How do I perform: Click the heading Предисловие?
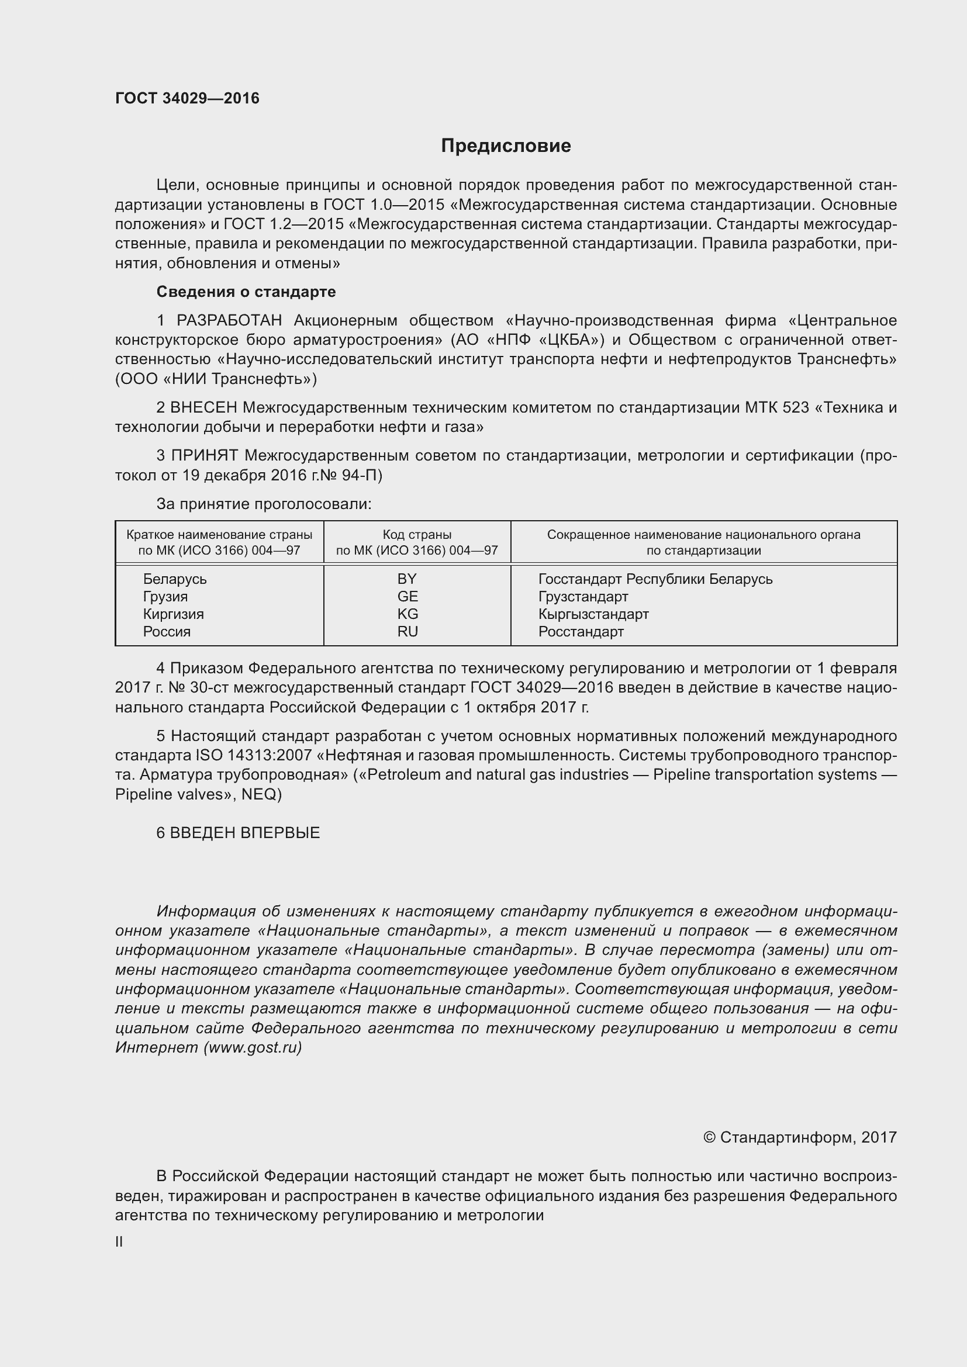[506, 146]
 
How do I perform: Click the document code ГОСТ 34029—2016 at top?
[187, 98]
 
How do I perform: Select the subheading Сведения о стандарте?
[246, 292]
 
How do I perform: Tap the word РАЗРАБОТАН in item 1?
[229, 321]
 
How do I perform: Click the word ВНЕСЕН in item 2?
[203, 408]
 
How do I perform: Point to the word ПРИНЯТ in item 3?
[204, 456]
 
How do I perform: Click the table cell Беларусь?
[174, 579]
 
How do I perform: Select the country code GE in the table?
[408, 597]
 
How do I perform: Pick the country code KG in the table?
[408, 614]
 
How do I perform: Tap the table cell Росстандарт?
[581, 632]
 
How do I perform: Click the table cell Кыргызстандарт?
[593, 614]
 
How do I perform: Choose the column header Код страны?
[417, 535]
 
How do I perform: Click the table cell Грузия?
[165, 597]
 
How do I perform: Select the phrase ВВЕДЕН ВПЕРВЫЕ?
[245, 833]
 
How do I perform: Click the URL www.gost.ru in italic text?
[253, 1047]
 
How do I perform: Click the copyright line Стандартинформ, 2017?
[800, 1137]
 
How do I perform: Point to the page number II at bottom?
[119, 1242]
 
